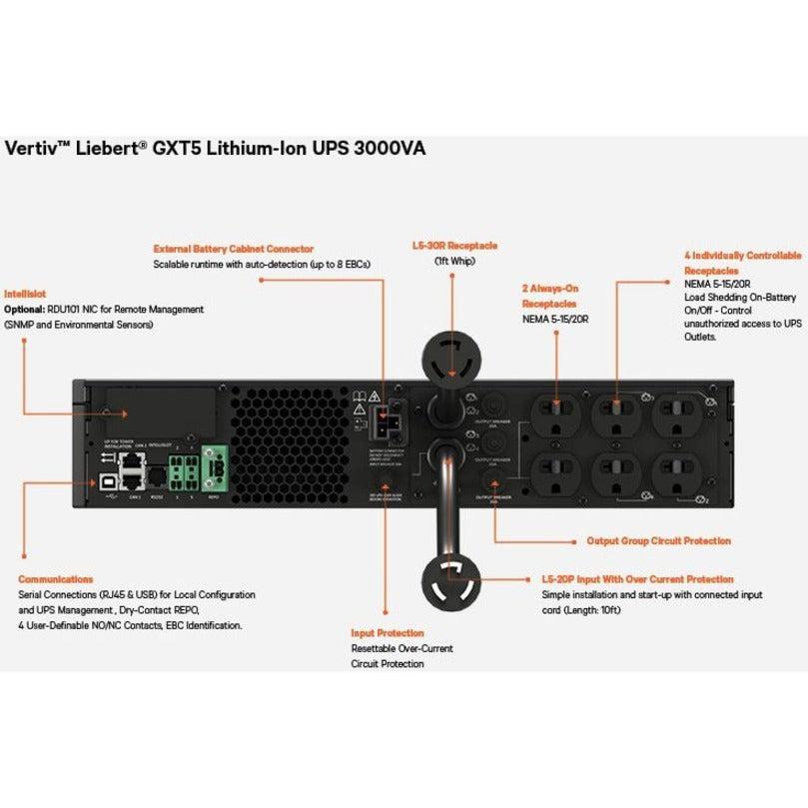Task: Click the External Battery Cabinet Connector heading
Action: (x=233, y=248)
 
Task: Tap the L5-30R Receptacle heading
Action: (x=454, y=244)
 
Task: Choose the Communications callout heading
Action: (x=56, y=579)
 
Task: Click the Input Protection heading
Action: (x=387, y=633)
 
